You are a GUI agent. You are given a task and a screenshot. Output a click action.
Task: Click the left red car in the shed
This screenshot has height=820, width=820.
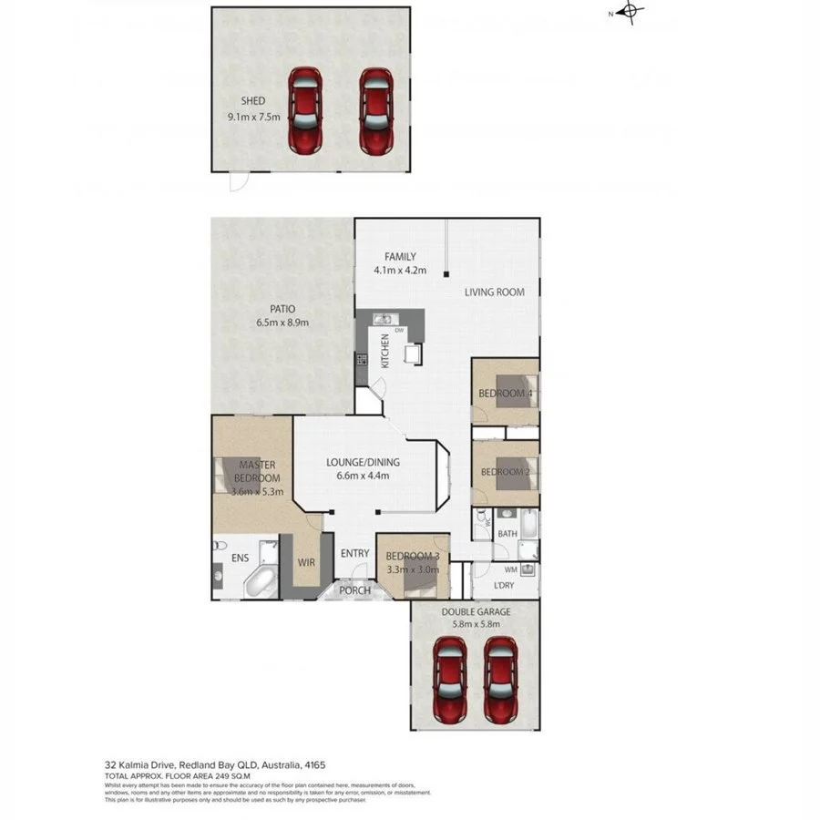pyautogui.click(x=306, y=111)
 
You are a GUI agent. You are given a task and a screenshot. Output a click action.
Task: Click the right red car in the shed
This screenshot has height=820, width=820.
pyautogui.click(x=375, y=111)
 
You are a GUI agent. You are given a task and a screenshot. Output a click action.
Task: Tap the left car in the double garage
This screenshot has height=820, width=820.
pyautogui.click(x=449, y=679)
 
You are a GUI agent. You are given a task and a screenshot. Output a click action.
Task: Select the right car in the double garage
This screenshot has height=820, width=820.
pyautogui.click(x=500, y=679)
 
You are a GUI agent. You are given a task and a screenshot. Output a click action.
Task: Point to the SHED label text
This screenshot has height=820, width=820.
pyautogui.click(x=252, y=101)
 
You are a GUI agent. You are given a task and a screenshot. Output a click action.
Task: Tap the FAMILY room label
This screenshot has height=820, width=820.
pyautogui.click(x=400, y=256)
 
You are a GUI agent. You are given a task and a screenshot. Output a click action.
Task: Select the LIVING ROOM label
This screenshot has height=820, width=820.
pyautogui.click(x=495, y=292)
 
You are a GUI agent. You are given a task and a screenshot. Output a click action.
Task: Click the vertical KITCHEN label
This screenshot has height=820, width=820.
pyautogui.click(x=385, y=350)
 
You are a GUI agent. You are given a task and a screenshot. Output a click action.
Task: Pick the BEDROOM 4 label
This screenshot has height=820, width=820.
pyautogui.click(x=505, y=394)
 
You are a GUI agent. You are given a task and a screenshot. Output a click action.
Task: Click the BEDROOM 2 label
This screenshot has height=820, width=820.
pyautogui.click(x=505, y=472)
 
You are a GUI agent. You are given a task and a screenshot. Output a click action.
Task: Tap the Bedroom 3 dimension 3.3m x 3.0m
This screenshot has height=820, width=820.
pyautogui.click(x=412, y=569)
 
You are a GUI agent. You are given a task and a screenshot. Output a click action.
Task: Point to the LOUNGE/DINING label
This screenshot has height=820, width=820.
pyautogui.click(x=363, y=462)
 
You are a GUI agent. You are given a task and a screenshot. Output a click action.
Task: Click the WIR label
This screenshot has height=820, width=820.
pyautogui.click(x=305, y=562)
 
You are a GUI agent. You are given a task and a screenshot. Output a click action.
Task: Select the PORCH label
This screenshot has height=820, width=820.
pyautogui.click(x=354, y=590)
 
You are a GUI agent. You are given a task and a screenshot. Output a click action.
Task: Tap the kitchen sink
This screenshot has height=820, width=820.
pyautogui.click(x=383, y=320)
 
